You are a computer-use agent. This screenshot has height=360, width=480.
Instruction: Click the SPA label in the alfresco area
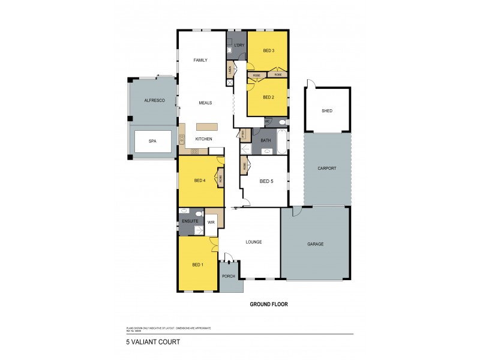pos(152,141)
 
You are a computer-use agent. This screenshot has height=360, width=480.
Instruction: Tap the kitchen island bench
pos(208,127)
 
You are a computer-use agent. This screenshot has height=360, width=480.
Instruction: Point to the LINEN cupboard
pos(230,70)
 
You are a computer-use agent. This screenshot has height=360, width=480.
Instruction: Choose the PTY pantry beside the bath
pos(244,134)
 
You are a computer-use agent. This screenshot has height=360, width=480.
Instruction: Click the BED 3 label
pos(268,51)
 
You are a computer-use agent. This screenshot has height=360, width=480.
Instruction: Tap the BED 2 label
pos(268,97)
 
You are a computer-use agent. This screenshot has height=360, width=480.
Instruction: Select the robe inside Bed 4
pos(221,178)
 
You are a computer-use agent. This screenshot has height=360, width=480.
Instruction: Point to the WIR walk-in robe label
pos(211,222)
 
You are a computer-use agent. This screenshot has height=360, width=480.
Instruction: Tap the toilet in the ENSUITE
pos(185,211)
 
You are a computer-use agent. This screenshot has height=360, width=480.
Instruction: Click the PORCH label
pos(228,277)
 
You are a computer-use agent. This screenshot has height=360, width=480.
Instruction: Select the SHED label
pos(327,111)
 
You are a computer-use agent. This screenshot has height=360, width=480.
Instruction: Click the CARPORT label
pos(327,169)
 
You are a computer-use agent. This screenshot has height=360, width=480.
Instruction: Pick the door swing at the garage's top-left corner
pos(296,212)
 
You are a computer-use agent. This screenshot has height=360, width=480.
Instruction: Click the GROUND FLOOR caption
pos(269,304)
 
